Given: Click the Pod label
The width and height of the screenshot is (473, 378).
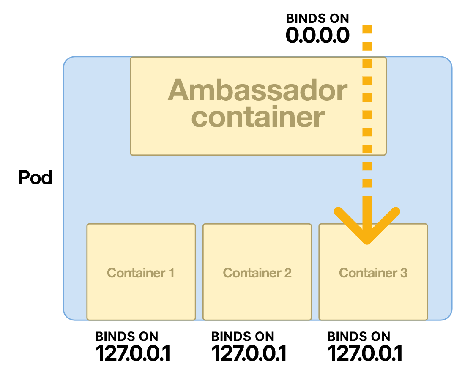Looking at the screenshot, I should (x=35, y=178).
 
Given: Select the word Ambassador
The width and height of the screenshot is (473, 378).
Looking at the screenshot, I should (x=257, y=90).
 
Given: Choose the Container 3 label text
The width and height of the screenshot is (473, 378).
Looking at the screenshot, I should (x=373, y=273).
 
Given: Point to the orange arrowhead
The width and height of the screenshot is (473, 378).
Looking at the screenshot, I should (x=367, y=228).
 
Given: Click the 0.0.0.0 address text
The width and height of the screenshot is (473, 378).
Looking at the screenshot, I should (x=317, y=36).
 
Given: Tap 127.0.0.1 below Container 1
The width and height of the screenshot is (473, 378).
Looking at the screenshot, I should (x=133, y=353).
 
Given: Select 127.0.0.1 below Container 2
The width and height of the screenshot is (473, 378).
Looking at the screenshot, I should (x=249, y=353).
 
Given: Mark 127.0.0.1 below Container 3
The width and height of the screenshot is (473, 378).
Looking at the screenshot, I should (x=365, y=353).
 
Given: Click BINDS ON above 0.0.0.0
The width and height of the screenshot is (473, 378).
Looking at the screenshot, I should (x=317, y=19).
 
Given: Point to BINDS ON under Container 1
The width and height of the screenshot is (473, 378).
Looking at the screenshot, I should (x=126, y=337).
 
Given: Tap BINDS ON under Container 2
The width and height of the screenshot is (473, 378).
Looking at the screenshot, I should (x=243, y=337).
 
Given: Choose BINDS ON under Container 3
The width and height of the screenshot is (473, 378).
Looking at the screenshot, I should (x=359, y=337).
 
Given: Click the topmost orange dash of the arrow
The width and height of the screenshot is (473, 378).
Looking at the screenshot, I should (x=367, y=29).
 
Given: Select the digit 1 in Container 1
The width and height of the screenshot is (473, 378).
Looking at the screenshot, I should (x=171, y=273).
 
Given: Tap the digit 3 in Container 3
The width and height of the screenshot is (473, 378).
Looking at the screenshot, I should (x=404, y=273).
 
